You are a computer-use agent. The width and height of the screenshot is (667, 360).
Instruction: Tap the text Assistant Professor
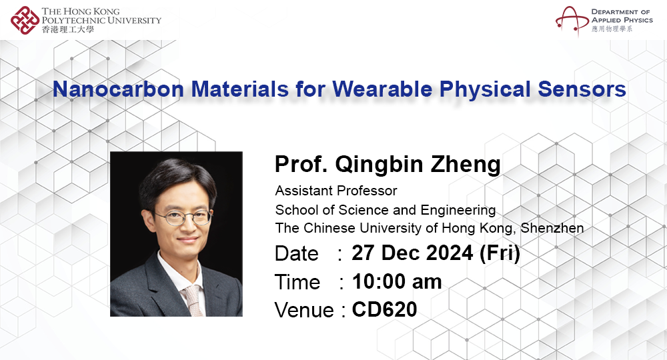point(336,191)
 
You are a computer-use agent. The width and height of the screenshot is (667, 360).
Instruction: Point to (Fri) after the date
point(499,253)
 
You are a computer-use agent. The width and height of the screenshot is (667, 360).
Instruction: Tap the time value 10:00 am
point(398,281)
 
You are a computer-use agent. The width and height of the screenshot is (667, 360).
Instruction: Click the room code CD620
point(384,309)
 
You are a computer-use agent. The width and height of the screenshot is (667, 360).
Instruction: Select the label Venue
point(303,310)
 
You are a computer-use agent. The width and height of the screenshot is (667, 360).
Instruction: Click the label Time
point(297,282)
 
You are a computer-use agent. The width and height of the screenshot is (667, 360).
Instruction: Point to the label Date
point(297,254)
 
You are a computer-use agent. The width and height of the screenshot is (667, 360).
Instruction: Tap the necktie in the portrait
point(193,299)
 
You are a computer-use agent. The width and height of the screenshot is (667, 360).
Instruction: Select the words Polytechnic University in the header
point(101,20)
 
